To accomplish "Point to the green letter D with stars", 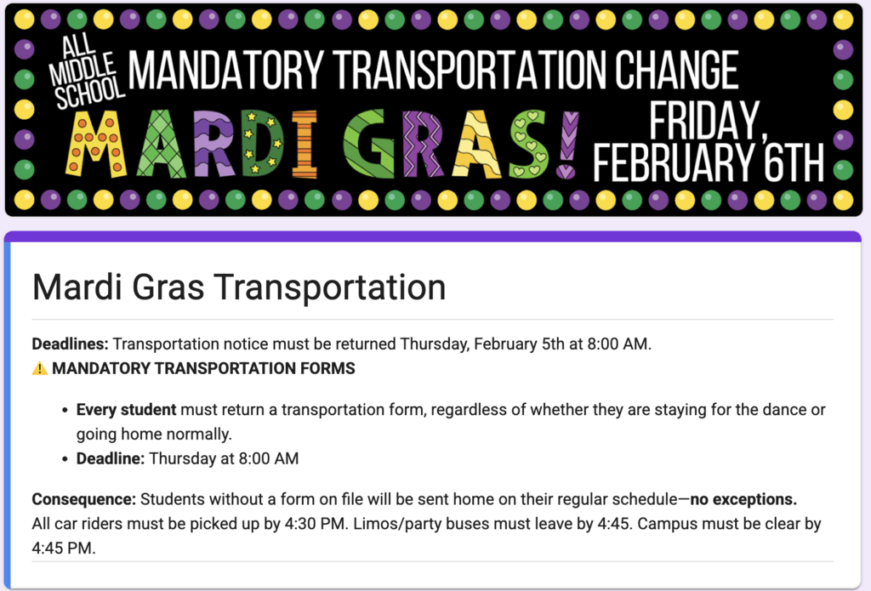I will coord(259,145).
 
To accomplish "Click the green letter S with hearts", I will coord(528,145).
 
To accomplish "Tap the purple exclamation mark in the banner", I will coord(567,145).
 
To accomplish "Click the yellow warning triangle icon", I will coord(40,369).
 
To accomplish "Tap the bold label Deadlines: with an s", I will coord(71,344).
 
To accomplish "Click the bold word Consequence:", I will coord(84,499).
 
